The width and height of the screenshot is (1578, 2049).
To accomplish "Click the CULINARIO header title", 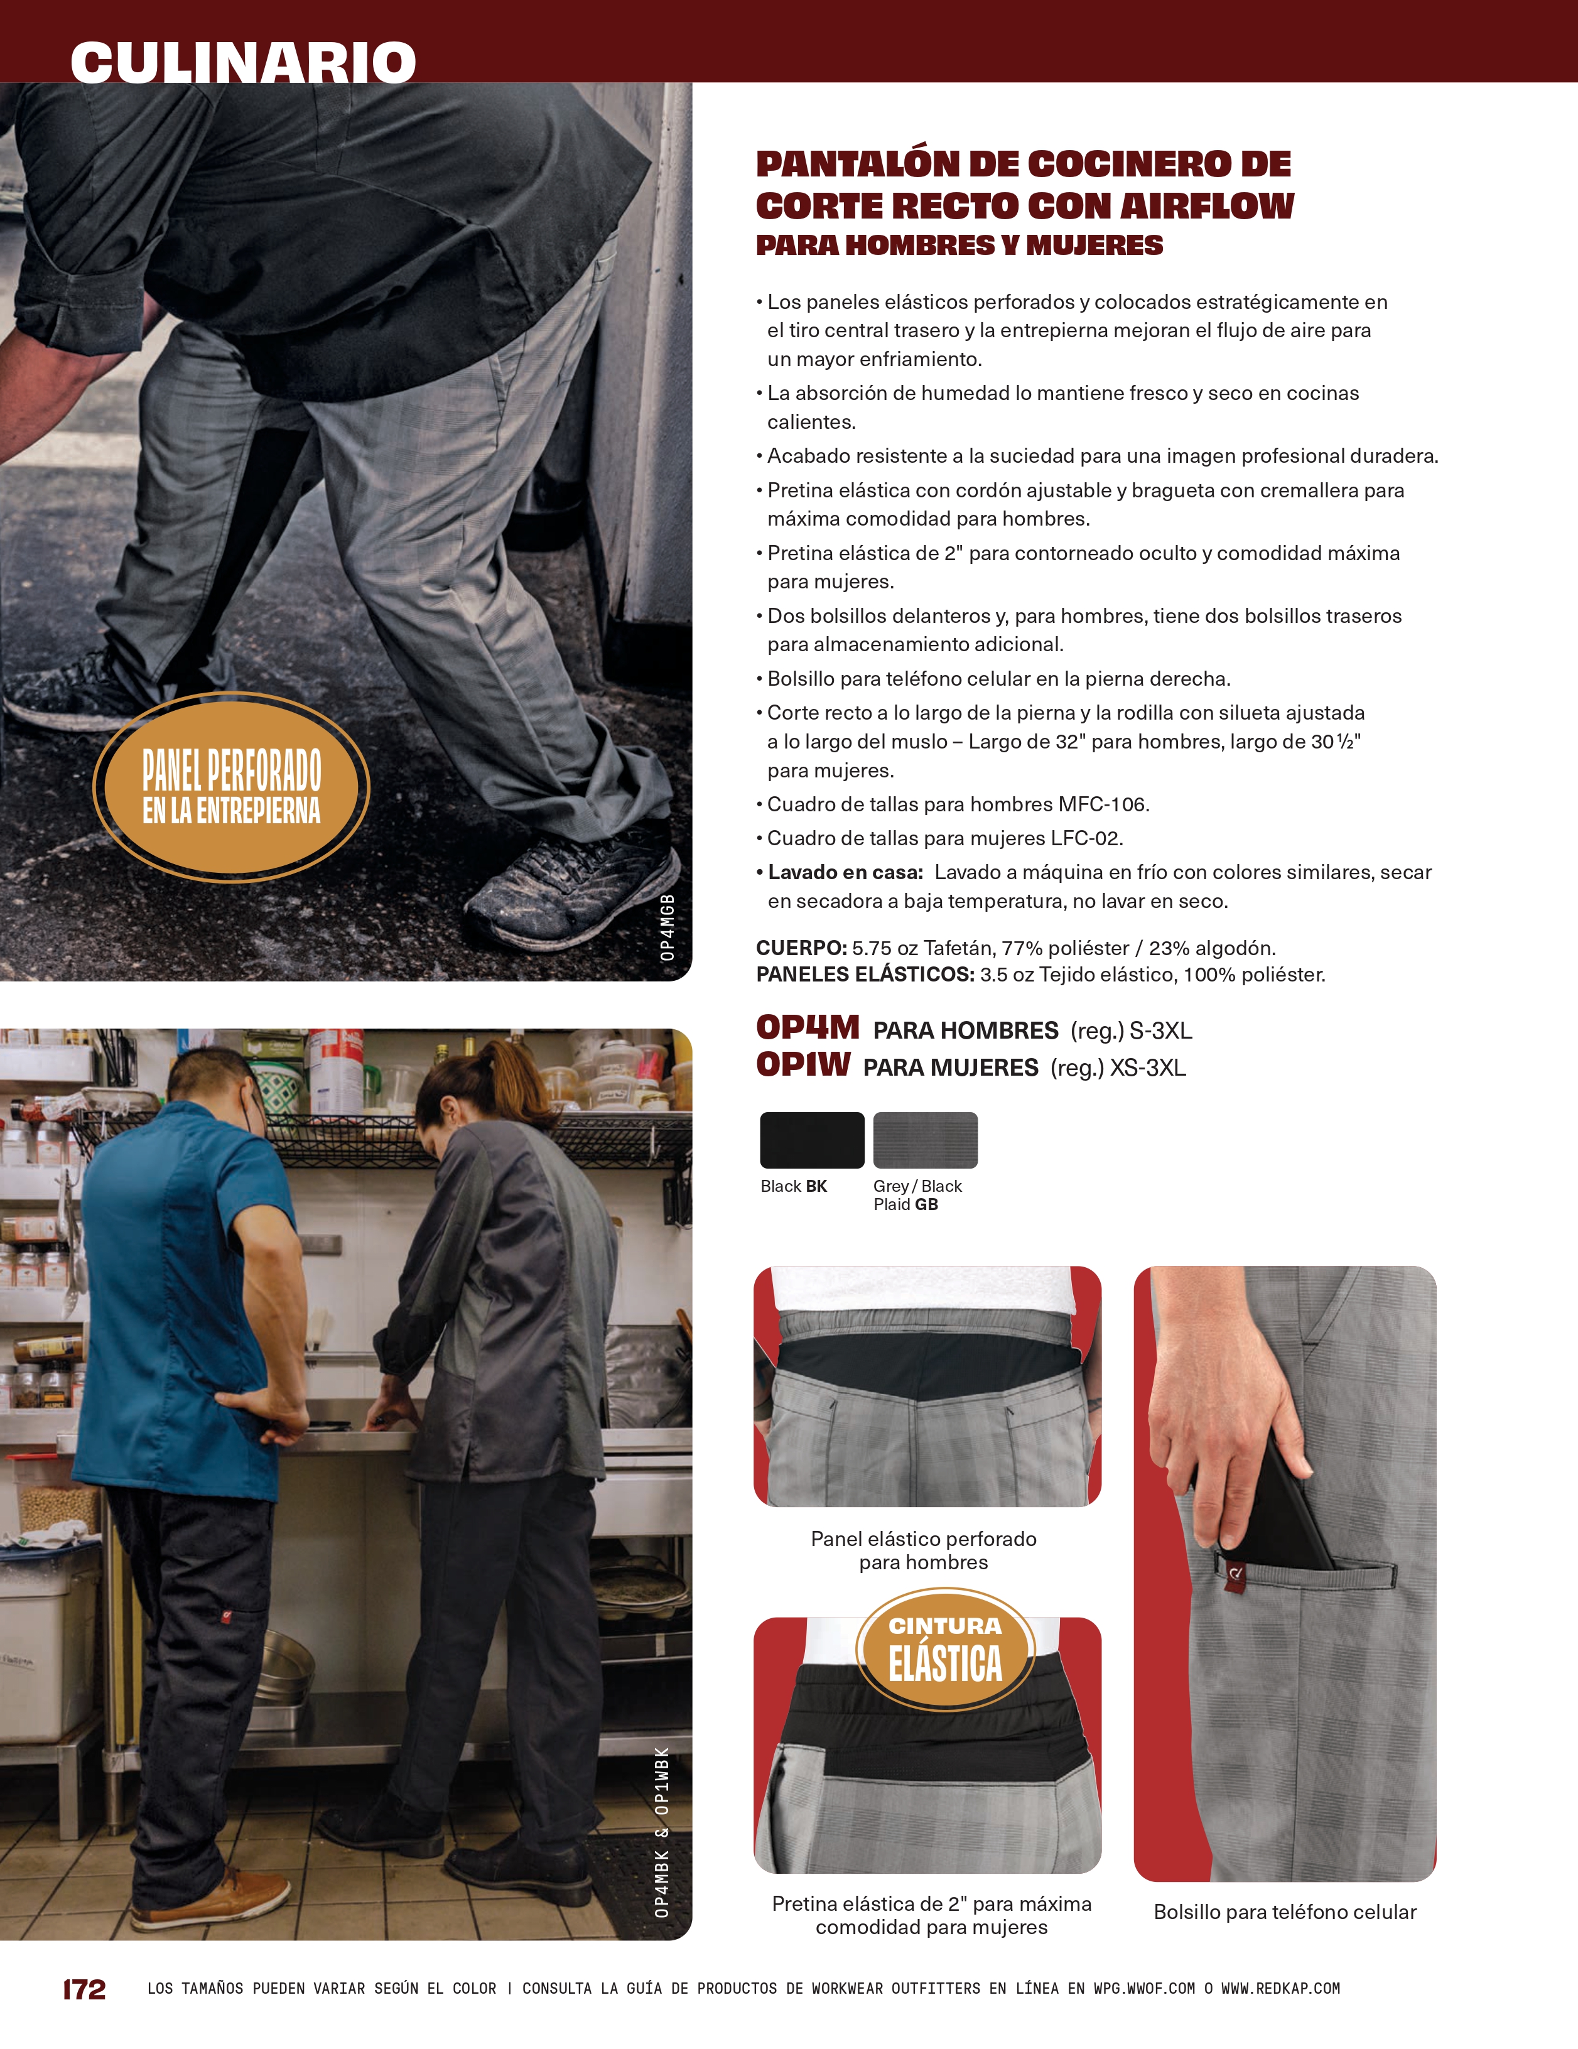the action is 243,62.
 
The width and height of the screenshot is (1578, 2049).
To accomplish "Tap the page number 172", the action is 84,1989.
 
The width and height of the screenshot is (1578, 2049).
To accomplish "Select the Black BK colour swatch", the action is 811,1140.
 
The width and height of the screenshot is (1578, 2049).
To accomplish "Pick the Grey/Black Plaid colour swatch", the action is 925,1140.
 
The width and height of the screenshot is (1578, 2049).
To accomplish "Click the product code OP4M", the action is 808,1027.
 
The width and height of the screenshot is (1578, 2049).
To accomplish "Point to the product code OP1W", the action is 803,1065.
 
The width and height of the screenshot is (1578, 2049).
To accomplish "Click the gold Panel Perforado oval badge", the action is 231,787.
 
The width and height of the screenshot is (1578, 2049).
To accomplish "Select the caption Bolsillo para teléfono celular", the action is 1285,1912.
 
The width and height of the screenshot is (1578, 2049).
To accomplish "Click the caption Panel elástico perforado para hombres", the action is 924,1551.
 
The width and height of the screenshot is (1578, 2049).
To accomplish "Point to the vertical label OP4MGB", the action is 667,927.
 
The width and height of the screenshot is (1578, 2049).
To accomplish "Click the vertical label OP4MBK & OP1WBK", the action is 662,1831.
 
